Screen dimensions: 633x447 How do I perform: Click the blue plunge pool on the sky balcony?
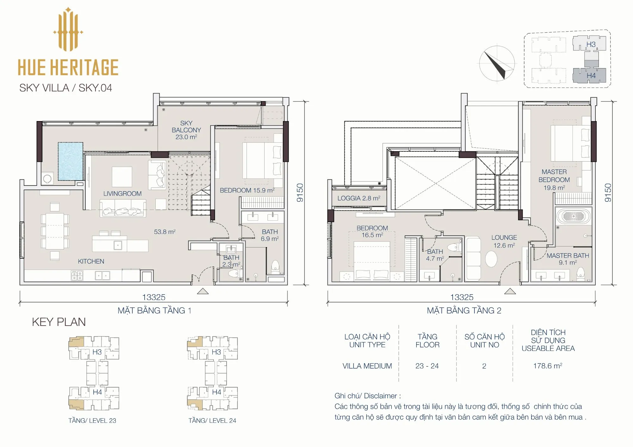70,161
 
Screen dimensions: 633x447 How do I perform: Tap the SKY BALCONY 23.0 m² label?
186,130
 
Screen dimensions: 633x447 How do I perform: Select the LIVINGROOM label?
122,193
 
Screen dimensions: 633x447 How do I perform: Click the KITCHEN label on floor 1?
91,261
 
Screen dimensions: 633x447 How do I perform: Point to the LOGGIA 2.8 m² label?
359,198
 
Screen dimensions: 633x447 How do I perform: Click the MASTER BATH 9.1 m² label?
568,259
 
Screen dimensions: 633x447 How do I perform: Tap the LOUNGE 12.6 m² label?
504,241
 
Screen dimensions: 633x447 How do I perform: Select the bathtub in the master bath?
573,217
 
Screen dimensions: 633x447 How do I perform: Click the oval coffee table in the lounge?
491,259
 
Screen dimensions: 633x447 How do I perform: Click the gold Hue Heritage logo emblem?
68,29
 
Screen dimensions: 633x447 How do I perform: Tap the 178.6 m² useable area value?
548,366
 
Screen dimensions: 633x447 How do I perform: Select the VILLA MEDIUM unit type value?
367,366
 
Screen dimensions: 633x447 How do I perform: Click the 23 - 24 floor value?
427,366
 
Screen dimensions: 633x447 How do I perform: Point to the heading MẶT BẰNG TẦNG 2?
464,311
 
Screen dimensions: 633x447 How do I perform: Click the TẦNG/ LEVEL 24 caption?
212,420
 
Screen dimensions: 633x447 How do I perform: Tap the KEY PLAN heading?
59,322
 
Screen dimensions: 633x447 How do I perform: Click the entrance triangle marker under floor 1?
203,291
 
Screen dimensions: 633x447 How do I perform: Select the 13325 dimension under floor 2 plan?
462,297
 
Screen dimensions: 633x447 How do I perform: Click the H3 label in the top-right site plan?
591,45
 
